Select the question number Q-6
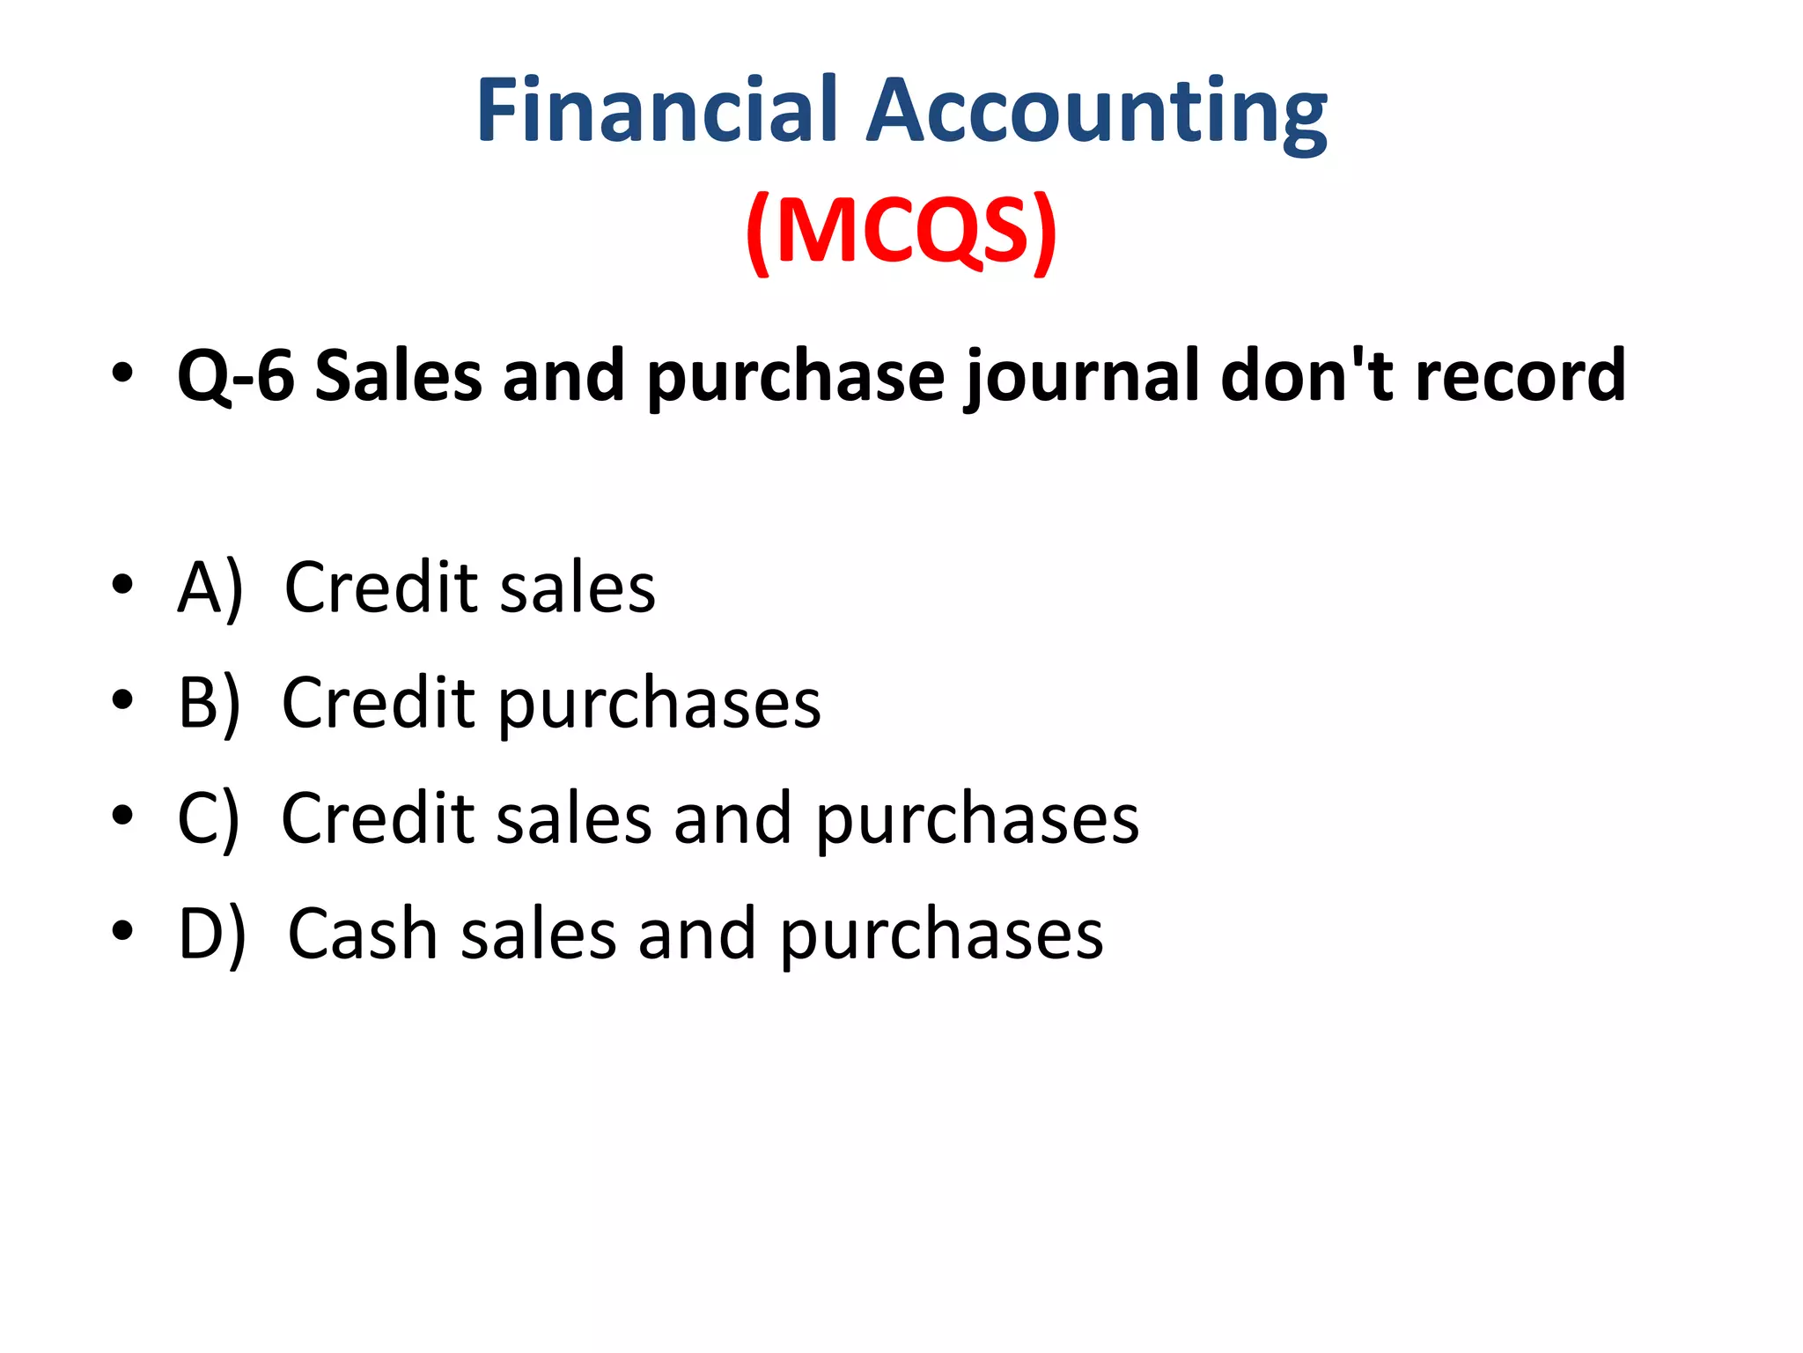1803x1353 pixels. coord(236,376)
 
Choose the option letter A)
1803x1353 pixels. coord(210,588)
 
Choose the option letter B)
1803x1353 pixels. coord(209,704)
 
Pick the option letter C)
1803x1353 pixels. coord(208,819)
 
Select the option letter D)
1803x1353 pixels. coord(211,935)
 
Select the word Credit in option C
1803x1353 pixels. coord(378,819)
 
